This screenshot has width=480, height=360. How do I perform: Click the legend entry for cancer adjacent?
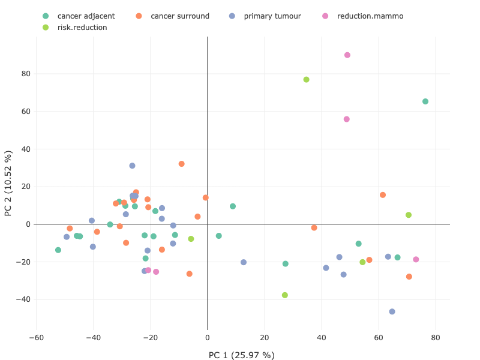(82, 16)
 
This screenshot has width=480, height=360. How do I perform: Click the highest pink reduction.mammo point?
(347, 55)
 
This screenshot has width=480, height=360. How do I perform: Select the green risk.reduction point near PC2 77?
(306, 80)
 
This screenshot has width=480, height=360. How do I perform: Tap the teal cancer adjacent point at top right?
(425, 101)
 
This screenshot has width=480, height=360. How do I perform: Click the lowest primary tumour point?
(392, 312)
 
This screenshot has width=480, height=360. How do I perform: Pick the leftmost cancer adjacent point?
(58, 250)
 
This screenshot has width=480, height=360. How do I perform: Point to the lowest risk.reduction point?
(285, 295)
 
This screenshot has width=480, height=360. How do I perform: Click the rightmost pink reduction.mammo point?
(416, 260)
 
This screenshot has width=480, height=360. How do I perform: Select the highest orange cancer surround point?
(181, 164)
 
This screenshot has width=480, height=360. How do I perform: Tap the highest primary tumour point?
(132, 166)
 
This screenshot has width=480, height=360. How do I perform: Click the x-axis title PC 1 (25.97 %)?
(241, 355)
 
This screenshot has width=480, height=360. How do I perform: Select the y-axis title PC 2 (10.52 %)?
(8, 183)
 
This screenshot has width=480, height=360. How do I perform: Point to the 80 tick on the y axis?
(25, 74)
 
